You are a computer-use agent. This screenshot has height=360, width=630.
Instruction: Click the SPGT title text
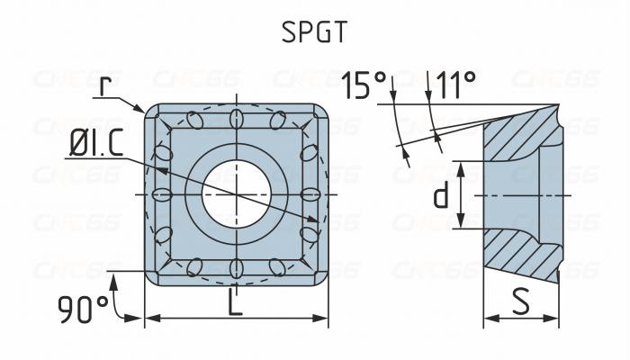(313, 32)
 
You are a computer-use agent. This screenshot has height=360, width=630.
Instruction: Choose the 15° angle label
(364, 86)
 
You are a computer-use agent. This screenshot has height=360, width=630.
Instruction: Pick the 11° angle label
(455, 86)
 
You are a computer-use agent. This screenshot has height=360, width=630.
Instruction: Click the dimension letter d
(440, 195)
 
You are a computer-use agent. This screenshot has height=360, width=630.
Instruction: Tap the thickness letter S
(520, 302)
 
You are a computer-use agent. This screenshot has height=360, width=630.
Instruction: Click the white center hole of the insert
(236, 194)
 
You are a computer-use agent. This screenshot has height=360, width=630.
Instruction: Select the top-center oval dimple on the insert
(236, 119)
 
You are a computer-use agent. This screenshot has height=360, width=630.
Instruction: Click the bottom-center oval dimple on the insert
(236, 269)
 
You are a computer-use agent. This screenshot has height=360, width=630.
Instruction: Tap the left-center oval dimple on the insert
(161, 194)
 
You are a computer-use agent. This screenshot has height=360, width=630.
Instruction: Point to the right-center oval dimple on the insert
(310, 194)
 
